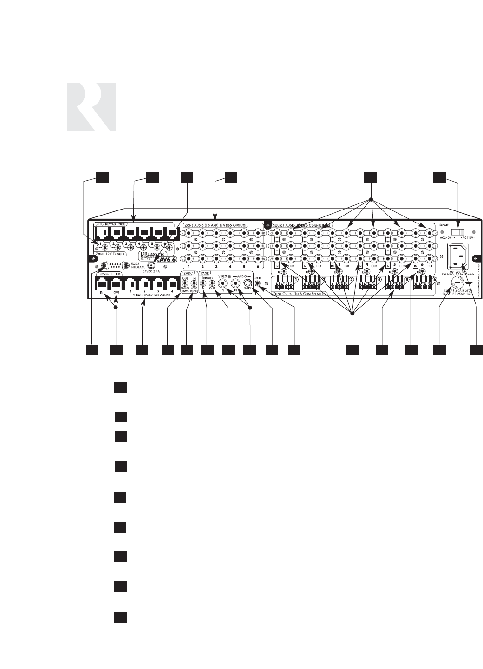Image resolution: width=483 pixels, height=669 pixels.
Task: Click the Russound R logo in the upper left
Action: [91, 107]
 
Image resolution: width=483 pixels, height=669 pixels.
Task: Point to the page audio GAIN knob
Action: [249, 282]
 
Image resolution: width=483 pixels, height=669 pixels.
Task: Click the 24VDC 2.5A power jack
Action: [152, 265]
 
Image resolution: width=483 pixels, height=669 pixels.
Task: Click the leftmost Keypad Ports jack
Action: [101, 232]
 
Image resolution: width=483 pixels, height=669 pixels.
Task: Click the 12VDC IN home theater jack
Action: [194, 282]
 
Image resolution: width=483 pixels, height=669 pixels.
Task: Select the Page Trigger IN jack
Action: [203, 282]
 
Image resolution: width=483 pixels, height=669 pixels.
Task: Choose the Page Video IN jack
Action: [223, 282]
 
